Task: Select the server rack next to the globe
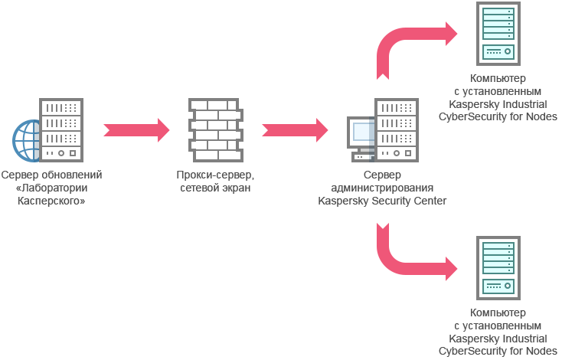tap(61, 129)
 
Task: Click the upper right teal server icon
tap(498, 34)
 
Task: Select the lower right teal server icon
tap(498, 268)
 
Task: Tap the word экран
tap(237, 188)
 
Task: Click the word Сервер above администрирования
tap(382, 175)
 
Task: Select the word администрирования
tap(382, 188)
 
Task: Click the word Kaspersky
tap(342, 201)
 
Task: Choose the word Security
tap(392, 201)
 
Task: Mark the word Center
tap(431, 201)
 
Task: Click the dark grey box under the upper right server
tap(498, 97)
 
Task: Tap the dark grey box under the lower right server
tap(498, 332)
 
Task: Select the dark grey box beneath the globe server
tap(52, 191)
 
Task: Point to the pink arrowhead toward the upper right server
tap(454, 34)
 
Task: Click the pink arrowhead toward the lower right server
tap(454, 269)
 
